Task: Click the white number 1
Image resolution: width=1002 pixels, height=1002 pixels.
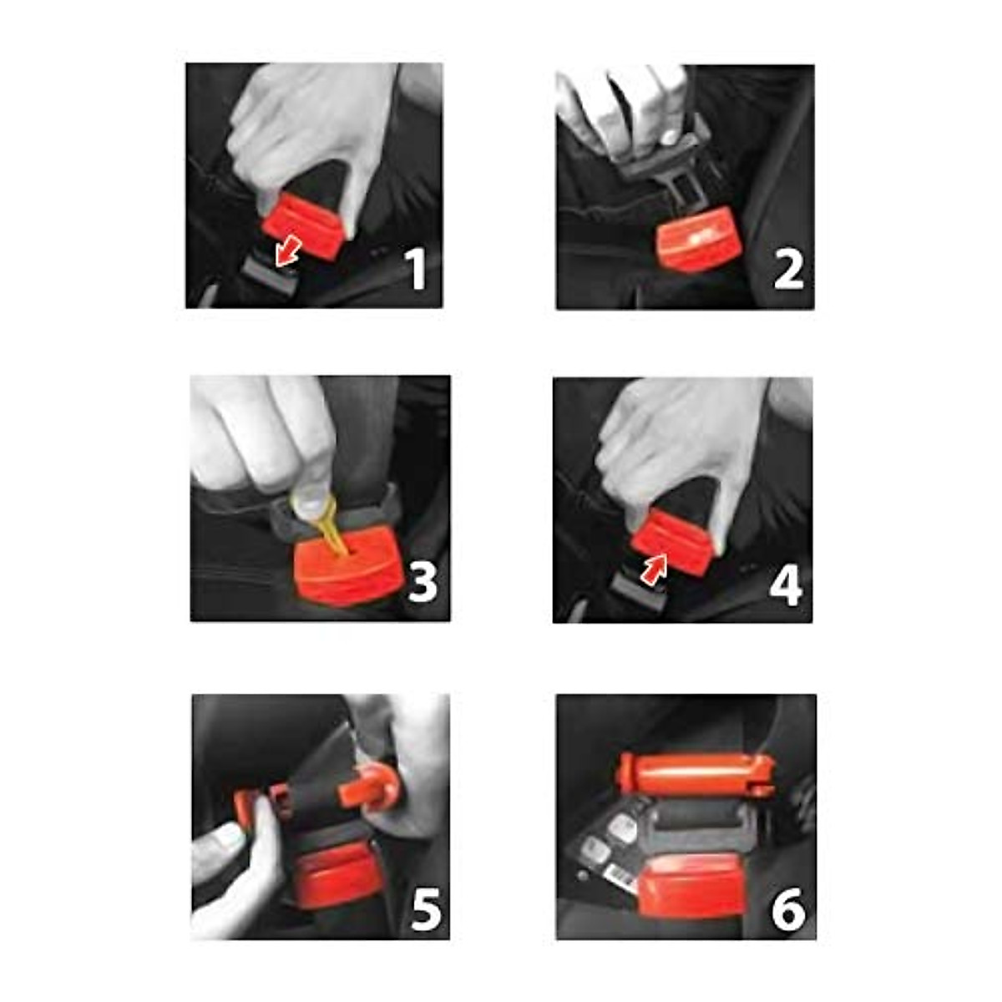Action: [415, 269]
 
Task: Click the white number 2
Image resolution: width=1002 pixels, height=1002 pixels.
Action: [788, 269]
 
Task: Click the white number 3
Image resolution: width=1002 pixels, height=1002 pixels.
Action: [423, 582]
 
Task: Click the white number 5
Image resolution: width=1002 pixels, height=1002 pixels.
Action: [426, 909]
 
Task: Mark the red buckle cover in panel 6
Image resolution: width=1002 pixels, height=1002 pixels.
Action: [691, 885]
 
